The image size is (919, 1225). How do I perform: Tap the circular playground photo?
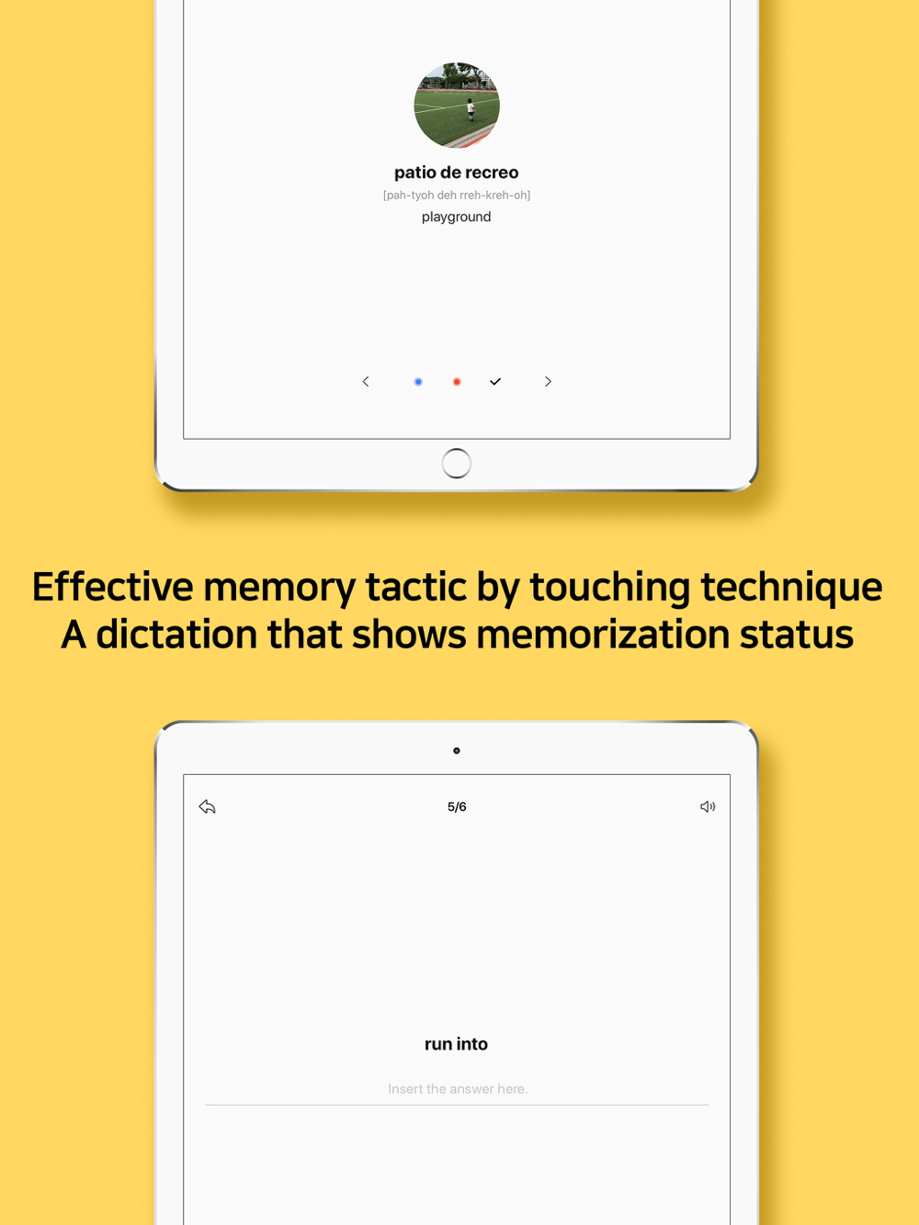click(x=457, y=105)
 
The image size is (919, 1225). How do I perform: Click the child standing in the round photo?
click(x=471, y=110)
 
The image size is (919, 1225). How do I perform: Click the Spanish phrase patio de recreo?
click(x=456, y=173)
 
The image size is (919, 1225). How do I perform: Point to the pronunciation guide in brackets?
click(x=456, y=195)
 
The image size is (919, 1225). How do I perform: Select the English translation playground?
click(x=456, y=217)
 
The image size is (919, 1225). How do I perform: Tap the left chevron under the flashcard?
click(x=366, y=382)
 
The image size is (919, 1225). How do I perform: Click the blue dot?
click(x=418, y=382)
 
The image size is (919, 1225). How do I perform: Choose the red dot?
click(x=457, y=382)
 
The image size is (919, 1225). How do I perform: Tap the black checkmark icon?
click(x=495, y=382)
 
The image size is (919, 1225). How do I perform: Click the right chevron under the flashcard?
click(x=548, y=382)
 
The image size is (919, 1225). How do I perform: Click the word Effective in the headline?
click(x=112, y=587)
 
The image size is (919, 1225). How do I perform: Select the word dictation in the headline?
click(x=176, y=635)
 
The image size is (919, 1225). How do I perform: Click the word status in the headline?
click(x=797, y=635)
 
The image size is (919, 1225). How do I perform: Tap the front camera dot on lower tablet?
click(x=457, y=750)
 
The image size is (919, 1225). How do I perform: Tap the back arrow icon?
click(x=207, y=806)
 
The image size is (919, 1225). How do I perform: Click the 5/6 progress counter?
click(x=457, y=807)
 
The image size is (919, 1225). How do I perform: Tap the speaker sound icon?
click(x=708, y=806)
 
